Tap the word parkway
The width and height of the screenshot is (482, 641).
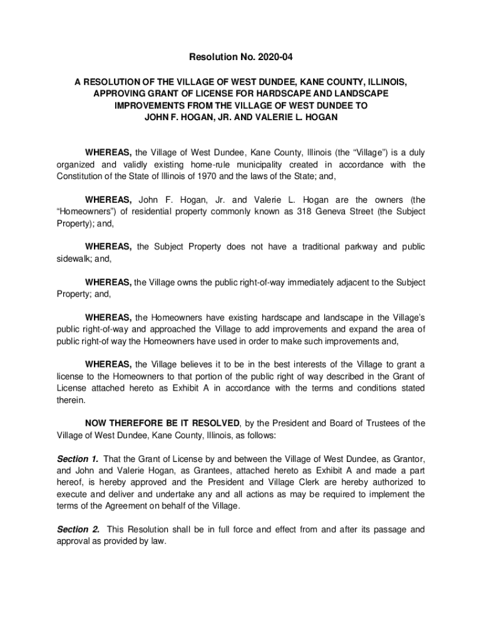pyautogui.click(x=359, y=247)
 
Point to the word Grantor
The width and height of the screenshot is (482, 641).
pyautogui.click(x=406, y=459)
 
